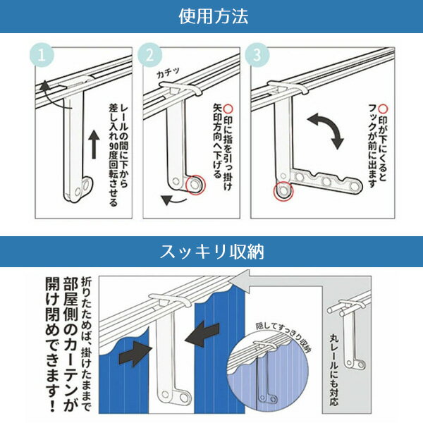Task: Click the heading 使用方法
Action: coord(214,16)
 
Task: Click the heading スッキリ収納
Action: coord(211,252)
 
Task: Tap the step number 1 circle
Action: coord(42,55)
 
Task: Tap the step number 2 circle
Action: coord(149,55)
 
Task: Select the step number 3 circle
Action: coord(257,55)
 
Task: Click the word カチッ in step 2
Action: coord(168,73)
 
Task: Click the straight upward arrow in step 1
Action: coord(94,145)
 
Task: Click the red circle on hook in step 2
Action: coord(196,185)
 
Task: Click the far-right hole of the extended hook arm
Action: coord(354,185)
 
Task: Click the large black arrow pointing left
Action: coord(203,333)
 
